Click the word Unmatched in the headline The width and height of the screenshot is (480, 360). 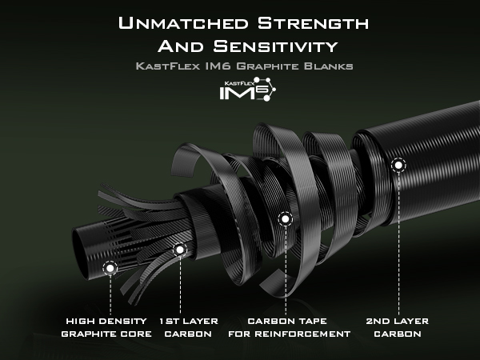click(183, 23)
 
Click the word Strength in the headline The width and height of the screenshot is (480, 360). click(313, 23)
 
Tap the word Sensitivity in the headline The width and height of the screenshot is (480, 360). click(275, 46)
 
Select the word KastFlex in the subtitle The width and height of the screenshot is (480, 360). click(168, 66)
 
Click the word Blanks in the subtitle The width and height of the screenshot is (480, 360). click(329, 66)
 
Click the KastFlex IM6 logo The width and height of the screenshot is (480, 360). click(247, 89)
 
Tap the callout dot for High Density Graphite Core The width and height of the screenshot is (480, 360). click(110, 269)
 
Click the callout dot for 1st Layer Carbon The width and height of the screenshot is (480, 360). click(180, 250)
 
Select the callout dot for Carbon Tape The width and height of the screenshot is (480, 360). click(286, 219)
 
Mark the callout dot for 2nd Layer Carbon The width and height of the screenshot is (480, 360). click(398, 166)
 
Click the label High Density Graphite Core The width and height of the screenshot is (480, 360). click(106, 327)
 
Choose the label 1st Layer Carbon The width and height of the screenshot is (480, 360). click(189, 327)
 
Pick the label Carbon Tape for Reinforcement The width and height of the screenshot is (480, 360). click(290, 327)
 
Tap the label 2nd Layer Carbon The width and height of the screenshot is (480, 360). click(398, 327)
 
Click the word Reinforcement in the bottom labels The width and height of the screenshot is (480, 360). click(302, 334)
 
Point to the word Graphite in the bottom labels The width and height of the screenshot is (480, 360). click(85, 334)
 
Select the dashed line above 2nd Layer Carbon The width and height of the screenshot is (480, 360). click(398, 244)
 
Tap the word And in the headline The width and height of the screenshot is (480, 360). click(181, 46)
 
